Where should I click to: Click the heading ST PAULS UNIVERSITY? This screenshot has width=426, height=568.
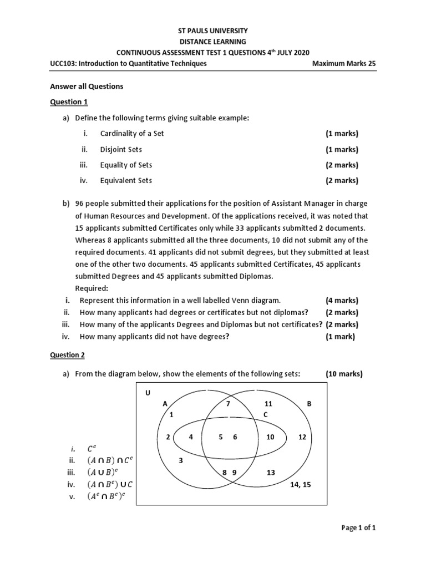213,31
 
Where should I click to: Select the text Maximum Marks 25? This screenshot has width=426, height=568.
344,64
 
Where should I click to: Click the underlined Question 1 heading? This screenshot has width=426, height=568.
69,102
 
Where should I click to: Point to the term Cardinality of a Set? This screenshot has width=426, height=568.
132,134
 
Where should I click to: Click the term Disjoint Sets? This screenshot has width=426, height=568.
121,149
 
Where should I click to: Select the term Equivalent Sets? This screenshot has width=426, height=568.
126,180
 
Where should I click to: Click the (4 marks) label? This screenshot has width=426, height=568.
342,300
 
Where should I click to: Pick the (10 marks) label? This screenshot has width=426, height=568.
344,374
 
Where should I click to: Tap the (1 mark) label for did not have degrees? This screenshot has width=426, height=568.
340,337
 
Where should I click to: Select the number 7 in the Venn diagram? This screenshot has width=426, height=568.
227,404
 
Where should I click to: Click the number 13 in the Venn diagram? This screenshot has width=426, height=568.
271,472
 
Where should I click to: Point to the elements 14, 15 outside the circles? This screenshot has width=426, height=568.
300,484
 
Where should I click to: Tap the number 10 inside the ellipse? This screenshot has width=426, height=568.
271,437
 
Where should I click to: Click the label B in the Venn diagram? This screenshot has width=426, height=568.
310,404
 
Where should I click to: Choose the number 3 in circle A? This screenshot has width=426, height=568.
180,460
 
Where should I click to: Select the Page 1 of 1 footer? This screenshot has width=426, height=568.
358,528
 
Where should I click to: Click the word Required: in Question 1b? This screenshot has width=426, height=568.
92,288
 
